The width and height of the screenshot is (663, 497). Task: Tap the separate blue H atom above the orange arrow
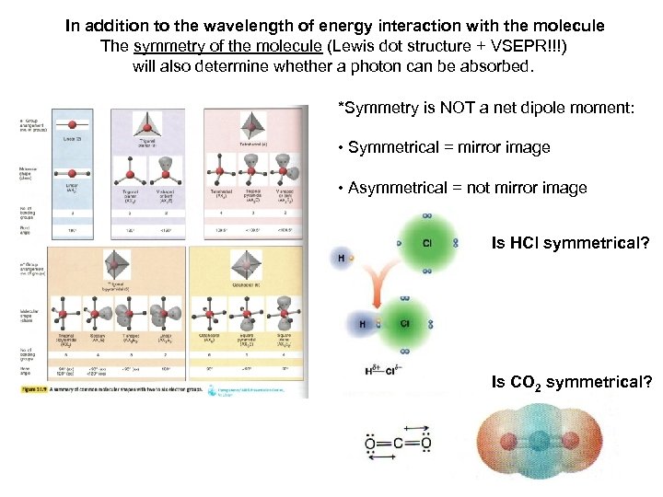(342, 259)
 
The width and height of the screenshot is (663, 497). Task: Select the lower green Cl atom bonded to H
(404, 324)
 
